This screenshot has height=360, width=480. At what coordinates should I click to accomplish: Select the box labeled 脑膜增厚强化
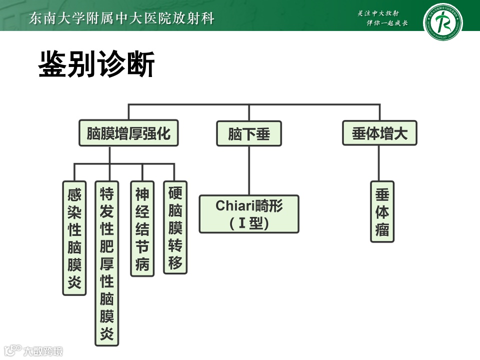(129, 133)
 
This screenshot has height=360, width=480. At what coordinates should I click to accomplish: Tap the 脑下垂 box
(248, 133)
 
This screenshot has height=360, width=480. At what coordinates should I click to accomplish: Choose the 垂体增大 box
(380, 133)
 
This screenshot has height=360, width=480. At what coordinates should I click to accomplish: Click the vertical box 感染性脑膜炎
(74, 238)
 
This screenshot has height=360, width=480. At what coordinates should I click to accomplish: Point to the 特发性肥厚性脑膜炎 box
(107, 263)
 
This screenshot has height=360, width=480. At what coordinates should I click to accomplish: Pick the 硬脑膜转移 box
(175, 227)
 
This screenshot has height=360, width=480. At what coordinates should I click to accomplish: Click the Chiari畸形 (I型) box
(249, 214)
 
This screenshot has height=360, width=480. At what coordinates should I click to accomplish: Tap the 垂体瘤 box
(382, 211)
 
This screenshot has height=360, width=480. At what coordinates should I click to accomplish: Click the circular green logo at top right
(442, 22)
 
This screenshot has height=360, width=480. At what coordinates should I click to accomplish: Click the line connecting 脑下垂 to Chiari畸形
(248, 170)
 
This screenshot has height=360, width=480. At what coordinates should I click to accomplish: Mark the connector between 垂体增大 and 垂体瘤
(380, 163)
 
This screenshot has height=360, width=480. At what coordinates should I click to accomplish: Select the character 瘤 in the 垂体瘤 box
(382, 230)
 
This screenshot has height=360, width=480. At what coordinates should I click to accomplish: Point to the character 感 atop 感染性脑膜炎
(74, 193)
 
